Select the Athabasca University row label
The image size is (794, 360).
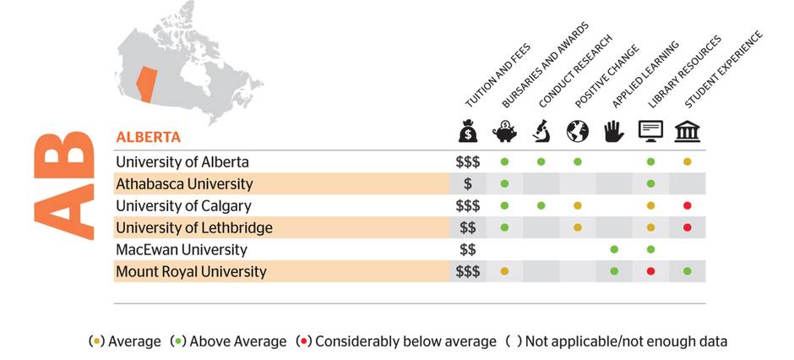184,183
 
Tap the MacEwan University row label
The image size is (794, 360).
181,249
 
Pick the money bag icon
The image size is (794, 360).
468,131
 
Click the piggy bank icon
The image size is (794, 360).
504,131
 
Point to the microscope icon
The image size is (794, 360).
541,131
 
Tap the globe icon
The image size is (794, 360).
578,131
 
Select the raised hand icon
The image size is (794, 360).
614,131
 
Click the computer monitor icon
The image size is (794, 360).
650,131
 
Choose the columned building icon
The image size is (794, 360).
688,131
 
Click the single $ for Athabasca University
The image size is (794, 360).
467,183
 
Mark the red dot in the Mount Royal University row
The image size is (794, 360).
650,271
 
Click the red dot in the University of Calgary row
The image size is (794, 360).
688,205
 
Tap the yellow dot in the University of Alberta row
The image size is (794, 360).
688,161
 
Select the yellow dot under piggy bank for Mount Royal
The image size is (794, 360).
504,271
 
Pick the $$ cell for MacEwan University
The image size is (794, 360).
467,249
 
